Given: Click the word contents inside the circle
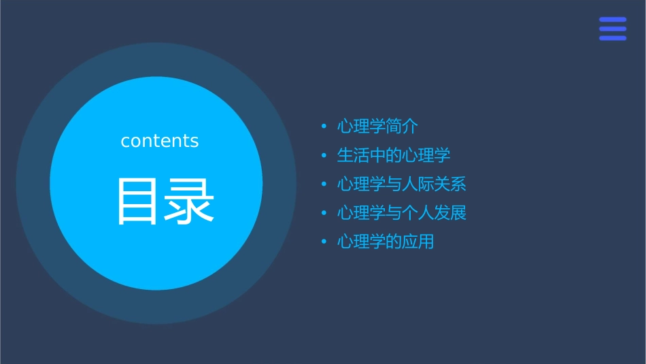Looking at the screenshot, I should pos(160,141).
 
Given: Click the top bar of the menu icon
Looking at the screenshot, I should pos(613,20).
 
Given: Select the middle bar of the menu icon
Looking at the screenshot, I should pos(613,29).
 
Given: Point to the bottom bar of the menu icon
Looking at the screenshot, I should pos(613,38).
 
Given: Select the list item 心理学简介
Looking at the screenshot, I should pos(377,127).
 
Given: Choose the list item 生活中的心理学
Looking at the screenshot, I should pos(394,156).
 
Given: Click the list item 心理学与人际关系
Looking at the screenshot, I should pos(402,184).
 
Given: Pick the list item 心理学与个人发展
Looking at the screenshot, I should pos(402,213).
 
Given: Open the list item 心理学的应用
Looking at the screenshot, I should pos(386,242).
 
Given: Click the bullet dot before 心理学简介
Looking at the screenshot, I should pos(324,127).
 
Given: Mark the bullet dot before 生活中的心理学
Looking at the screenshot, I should pos(324,156).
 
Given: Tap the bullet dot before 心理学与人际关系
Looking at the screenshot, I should pos(324,184).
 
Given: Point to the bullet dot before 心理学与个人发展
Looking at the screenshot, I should pos(324,213).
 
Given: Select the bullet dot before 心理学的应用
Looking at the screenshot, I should pos(324,242).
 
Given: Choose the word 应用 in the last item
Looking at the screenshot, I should pos(418,242).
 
